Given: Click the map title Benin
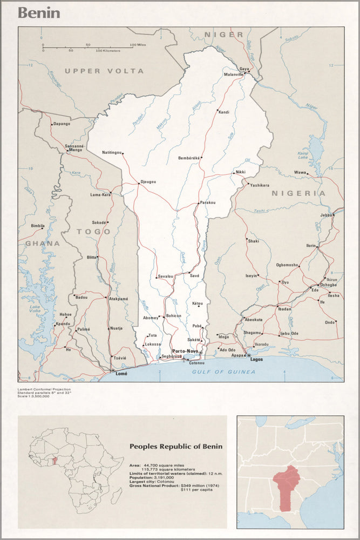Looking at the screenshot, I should [x=39, y=13].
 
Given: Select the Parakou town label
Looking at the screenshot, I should [x=208, y=202].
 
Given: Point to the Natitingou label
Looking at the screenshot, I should [x=112, y=153].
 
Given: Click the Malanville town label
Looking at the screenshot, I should [x=234, y=75].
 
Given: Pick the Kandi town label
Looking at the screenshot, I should [x=223, y=112].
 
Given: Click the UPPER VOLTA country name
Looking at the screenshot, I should [x=104, y=71].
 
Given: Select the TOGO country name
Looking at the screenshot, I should [x=93, y=232].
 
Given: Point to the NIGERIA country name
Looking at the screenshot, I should [x=298, y=193].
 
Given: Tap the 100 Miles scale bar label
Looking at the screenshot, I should [x=138, y=45].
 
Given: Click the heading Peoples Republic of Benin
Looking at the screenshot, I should [x=175, y=447].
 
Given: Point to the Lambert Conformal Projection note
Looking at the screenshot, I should [x=43, y=389].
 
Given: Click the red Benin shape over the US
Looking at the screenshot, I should [x=289, y=486].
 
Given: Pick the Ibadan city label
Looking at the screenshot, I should [x=284, y=309].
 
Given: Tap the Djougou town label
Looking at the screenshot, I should [x=148, y=182].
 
